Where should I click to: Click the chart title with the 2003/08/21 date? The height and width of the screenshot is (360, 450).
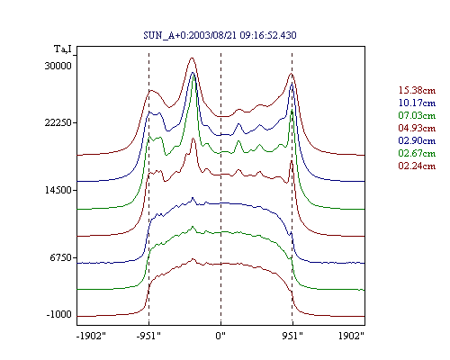220,35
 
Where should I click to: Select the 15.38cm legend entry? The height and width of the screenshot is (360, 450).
417,90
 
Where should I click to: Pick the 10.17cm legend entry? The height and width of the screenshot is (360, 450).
417,103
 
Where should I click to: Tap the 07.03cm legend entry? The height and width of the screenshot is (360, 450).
417,115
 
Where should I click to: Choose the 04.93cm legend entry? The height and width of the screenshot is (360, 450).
417,128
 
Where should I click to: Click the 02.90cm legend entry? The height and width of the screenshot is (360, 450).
417,140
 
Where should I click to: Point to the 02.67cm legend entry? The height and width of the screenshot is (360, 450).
417,153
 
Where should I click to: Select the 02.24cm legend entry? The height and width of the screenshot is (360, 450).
417,166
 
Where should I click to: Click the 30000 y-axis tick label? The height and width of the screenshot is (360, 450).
58,66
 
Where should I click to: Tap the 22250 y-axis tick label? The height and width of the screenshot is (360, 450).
58,122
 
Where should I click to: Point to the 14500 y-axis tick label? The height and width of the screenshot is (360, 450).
58,190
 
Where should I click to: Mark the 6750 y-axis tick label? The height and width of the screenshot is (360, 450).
60,257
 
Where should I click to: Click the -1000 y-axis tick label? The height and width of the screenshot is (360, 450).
59,314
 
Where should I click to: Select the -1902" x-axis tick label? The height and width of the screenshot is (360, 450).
92,336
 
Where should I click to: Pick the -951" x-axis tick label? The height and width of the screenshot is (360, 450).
148,336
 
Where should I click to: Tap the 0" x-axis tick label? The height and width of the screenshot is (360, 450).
220,336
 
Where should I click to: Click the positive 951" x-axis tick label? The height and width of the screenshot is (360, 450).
292,336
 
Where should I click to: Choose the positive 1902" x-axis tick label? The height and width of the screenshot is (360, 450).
351,336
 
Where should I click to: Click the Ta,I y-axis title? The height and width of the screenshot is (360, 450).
63,49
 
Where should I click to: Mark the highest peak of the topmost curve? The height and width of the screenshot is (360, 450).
192,58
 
